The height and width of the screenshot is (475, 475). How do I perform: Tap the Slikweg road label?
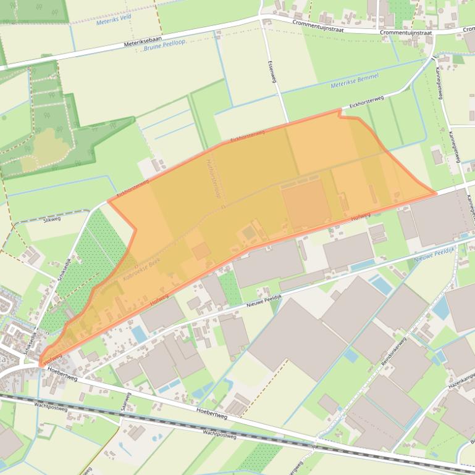[x=52, y=219]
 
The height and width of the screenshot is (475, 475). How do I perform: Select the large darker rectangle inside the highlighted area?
[x=305, y=203]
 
